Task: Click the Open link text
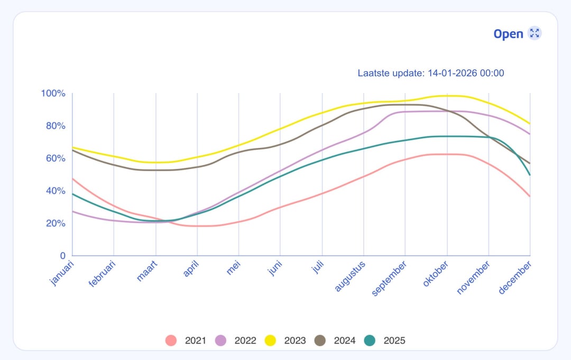(x=508, y=34)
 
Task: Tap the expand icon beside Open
(x=535, y=33)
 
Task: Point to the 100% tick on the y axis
(x=53, y=94)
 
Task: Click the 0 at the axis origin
(x=62, y=256)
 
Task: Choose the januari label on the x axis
(x=62, y=272)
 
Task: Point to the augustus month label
(x=350, y=275)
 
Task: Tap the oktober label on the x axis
(x=435, y=273)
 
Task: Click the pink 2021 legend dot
(x=171, y=340)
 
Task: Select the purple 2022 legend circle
(x=221, y=340)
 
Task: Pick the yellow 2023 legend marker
(x=271, y=340)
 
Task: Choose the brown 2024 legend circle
(x=320, y=340)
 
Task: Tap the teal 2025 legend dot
(x=370, y=340)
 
